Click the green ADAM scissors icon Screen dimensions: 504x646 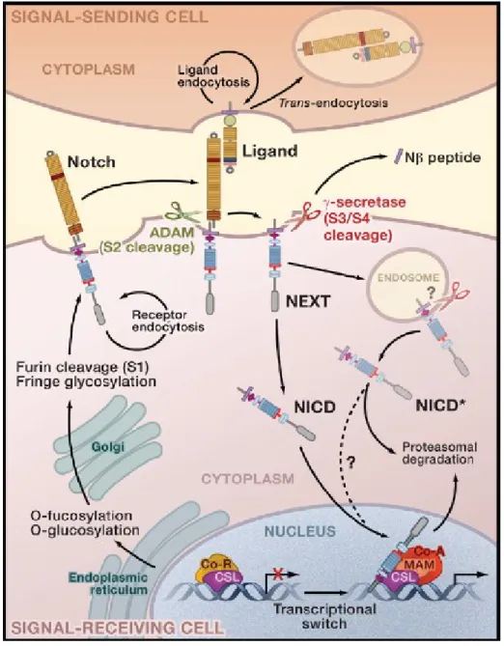click(x=182, y=212)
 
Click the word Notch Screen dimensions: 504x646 click(x=92, y=161)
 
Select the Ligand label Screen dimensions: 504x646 click(x=270, y=152)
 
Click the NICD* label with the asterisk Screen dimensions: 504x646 click(x=438, y=406)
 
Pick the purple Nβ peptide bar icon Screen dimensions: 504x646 click(x=399, y=157)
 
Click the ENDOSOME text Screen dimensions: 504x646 click(x=408, y=277)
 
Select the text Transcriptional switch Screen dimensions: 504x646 click(x=323, y=615)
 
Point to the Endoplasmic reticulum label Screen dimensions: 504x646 click(x=108, y=583)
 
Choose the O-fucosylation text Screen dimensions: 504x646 click(x=81, y=515)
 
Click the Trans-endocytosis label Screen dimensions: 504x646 click(x=333, y=102)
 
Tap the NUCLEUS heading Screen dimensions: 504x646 click(x=300, y=531)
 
